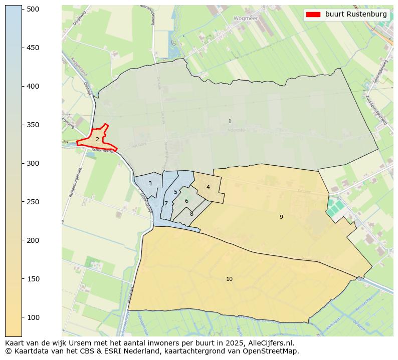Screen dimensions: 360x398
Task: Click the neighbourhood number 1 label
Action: tap(230, 122)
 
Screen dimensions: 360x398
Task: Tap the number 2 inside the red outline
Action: tap(97, 139)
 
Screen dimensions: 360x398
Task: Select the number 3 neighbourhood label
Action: tap(150, 184)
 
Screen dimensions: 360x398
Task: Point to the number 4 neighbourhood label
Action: tap(208, 187)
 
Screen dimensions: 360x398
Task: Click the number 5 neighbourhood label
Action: tap(175, 192)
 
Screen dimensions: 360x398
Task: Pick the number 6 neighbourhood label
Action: tap(186, 201)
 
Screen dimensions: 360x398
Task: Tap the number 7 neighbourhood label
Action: tap(166, 204)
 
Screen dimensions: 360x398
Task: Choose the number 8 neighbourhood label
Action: tap(191, 214)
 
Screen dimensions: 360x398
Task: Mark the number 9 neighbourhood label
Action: tap(281, 217)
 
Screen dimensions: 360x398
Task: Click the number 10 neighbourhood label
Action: tap(229, 279)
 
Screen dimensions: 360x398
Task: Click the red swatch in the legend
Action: tap(313, 15)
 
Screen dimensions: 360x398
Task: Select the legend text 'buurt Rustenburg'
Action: tap(356, 15)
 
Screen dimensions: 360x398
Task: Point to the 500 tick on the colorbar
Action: tap(33, 9)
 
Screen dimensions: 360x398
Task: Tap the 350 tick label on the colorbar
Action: tap(33, 125)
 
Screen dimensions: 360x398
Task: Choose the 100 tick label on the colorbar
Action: tap(33, 317)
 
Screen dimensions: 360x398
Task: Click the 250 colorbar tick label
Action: tap(33, 202)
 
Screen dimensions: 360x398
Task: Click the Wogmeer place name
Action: tap(246, 18)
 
